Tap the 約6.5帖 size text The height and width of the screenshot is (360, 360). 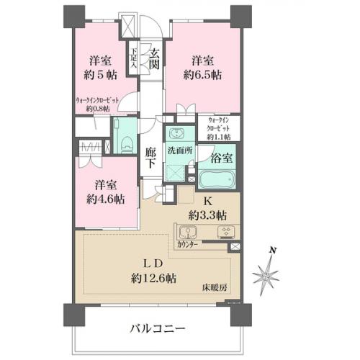pos(202,73)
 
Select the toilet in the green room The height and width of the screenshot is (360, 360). pos(125,142)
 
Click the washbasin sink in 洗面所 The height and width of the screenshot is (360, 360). pos(176,134)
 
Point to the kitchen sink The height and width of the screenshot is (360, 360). pos(189,233)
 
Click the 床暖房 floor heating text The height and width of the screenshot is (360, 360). pos(214,287)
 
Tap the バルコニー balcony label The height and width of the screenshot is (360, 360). pos(158,328)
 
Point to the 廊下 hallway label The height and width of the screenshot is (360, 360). pos(149,158)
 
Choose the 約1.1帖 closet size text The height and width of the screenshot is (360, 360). pos(218,136)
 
